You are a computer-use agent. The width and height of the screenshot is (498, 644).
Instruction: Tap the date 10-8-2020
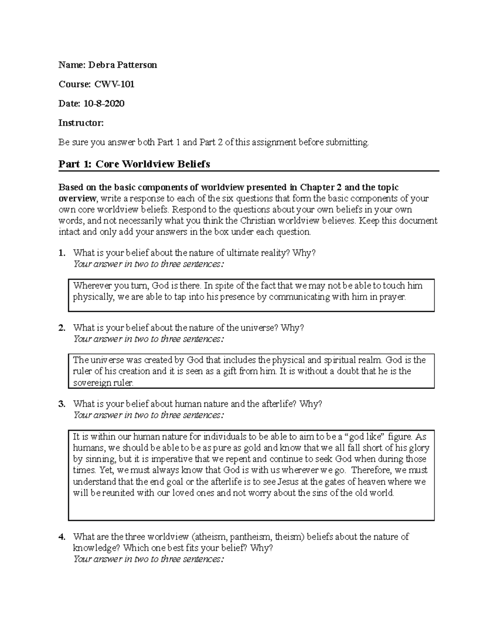(104, 103)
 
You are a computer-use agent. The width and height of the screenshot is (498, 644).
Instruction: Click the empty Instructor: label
(81, 123)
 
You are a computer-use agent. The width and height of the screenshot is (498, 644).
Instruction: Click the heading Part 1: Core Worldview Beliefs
(134, 164)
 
